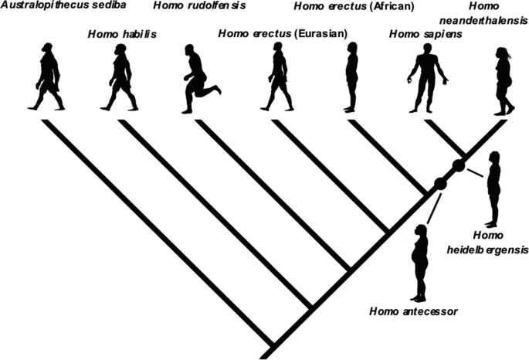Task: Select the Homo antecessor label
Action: [x=415, y=311]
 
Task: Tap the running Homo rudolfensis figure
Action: [x=198, y=79]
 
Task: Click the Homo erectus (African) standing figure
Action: [x=351, y=77]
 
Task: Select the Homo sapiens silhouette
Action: [x=426, y=78]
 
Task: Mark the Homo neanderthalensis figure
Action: [x=504, y=80]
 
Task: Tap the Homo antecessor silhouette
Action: [x=420, y=263]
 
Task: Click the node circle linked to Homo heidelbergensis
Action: [x=458, y=165]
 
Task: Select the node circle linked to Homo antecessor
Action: [x=440, y=184]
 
